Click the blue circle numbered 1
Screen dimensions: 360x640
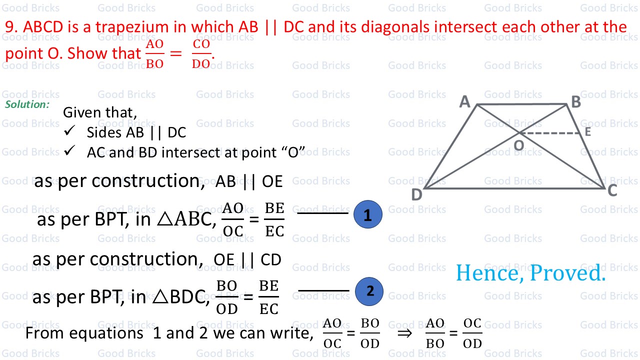tap(367, 215)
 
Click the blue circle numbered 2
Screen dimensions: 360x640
tap(369, 291)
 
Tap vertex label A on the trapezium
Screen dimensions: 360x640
tap(465, 102)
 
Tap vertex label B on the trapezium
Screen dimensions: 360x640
tap(576, 102)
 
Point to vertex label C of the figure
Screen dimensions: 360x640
tap(612, 190)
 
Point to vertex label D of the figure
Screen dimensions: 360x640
tap(416, 195)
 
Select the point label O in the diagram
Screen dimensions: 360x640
tap(518, 145)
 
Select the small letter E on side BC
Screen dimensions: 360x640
tap(587, 132)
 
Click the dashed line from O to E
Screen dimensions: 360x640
tap(550, 133)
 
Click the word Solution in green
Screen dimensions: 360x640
tap(27, 104)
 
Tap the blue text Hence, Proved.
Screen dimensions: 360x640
tap(530, 273)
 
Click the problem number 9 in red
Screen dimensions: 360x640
tap(11, 27)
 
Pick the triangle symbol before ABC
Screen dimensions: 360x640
tap(165, 220)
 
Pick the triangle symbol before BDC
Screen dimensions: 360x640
tap(159, 298)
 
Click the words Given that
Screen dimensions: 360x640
tap(99, 112)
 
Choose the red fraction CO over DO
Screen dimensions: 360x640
tap(201, 54)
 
